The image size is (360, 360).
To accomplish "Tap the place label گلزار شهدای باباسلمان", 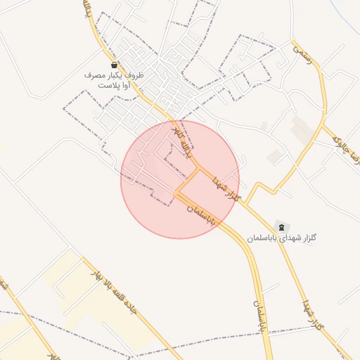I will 282,239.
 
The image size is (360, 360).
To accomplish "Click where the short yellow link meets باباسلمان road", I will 175,192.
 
